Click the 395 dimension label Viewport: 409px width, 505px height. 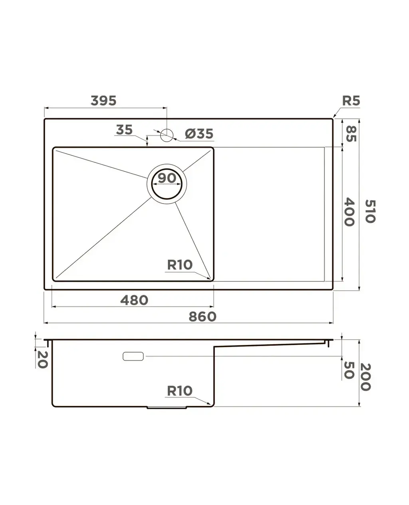pyautogui.click(x=103, y=101)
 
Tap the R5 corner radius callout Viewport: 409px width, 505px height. pyautogui.click(x=351, y=101)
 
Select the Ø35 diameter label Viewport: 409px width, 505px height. pyautogui.click(x=199, y=134)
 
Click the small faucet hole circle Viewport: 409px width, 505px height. pyautogui.click(x=167, y=135)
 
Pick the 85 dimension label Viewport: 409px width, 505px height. pyautogui.click(x=351, y=134)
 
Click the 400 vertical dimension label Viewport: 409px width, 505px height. pyautogui.click(x=349, y=212)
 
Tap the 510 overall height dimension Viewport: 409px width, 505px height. pyautogui.click(x=370, y=211)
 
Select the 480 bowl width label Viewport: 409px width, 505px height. pyautogui.click(x=134, y=300)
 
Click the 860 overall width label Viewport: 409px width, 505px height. pyautogui.click(x=203, y=317)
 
